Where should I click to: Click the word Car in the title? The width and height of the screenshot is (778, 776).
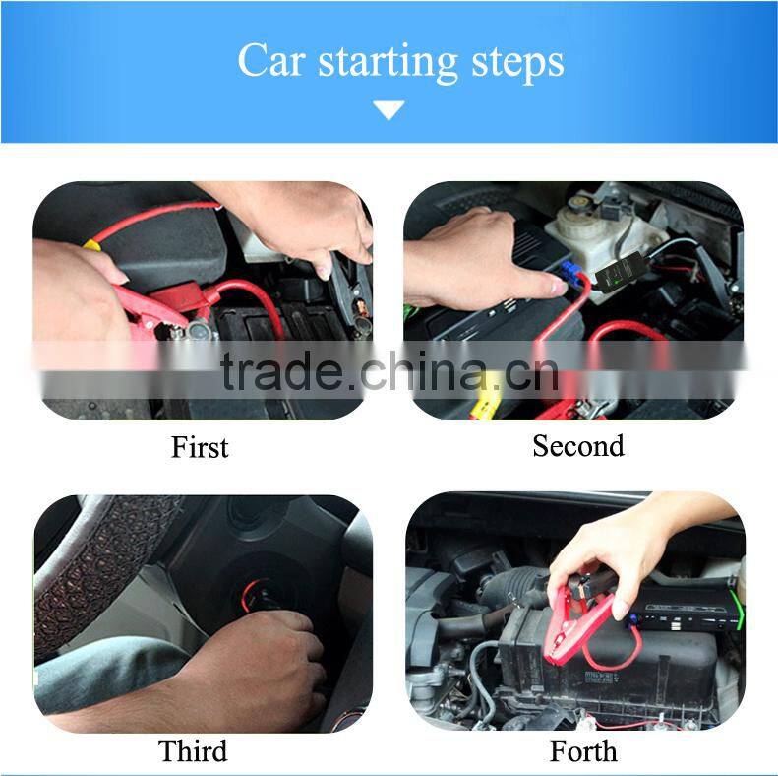270,60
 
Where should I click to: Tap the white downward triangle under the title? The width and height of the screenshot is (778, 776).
389,110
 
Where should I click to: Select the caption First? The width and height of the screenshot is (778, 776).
200,447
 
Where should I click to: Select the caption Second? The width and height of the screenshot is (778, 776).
577,446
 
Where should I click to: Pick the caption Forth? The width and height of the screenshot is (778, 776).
584,751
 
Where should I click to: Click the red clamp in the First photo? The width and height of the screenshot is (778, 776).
148,306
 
